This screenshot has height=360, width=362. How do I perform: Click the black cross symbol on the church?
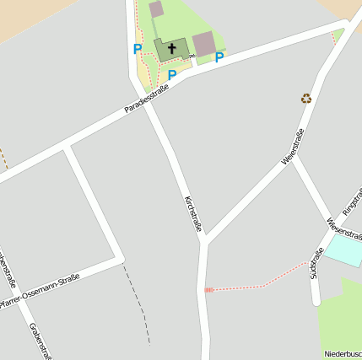[172, 48]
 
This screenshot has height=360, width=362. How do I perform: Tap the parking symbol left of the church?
[138, 50]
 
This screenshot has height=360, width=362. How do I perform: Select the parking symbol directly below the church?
[172, 76]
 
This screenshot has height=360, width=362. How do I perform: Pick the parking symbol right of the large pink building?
[219, 57]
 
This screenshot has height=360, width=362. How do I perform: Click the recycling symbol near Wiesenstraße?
[306, 98]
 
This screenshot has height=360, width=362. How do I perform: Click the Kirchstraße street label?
[193, 214]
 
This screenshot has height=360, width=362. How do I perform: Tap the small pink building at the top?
[156, 9]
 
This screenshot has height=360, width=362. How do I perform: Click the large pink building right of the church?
[204, 44]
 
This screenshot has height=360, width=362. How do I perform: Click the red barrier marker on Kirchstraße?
[208, 290]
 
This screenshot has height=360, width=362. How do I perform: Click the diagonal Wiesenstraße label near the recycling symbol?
[293, 146]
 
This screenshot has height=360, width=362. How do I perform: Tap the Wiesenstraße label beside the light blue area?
[343, 228]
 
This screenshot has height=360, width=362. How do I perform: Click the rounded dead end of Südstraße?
[316, 299]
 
